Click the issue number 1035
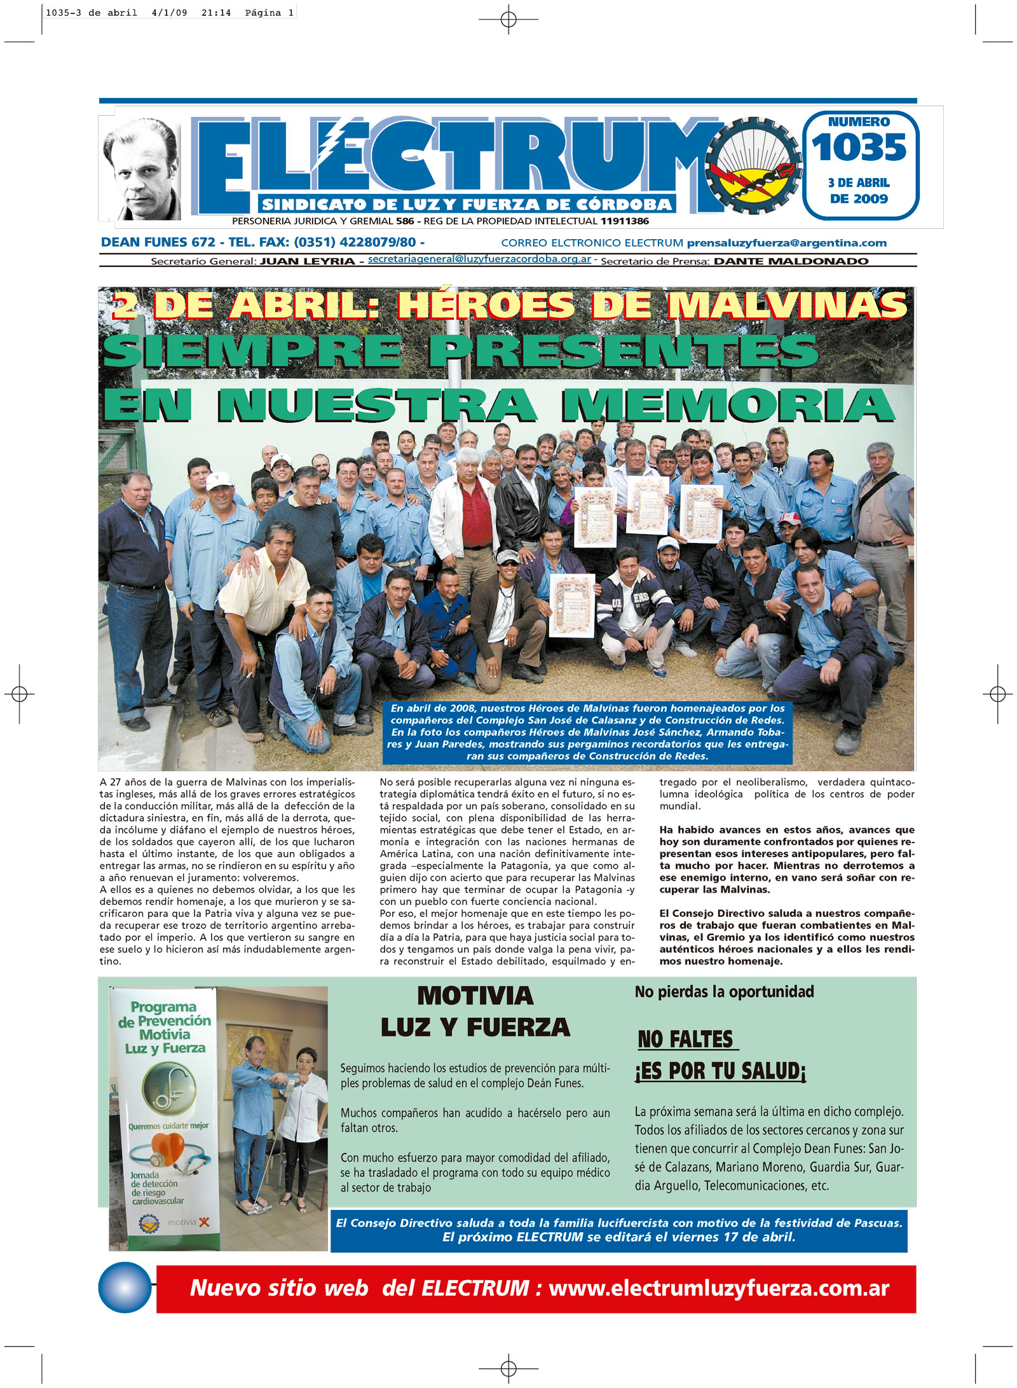click(x=859, y=148)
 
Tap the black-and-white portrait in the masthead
click(x=142, y=169)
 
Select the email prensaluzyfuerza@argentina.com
click(x=786, y=243)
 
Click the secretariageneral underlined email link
click(x=479, y=259)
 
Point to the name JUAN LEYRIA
click(x=308, y=261)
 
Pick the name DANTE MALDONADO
click(x=791, y=261)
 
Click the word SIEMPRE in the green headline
click(x=252, y=351)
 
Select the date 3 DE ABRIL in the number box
click(x=858, y=183)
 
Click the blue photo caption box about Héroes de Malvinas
click(x=587, y=732)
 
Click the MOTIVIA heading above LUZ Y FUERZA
click(x=475, y=996)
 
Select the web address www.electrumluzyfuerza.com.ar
click(x=718, y=1288)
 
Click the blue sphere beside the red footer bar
click(x=125, y=1288)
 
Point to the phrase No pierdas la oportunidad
click(x=724, y=992)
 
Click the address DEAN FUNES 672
click(x=158, y=242)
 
